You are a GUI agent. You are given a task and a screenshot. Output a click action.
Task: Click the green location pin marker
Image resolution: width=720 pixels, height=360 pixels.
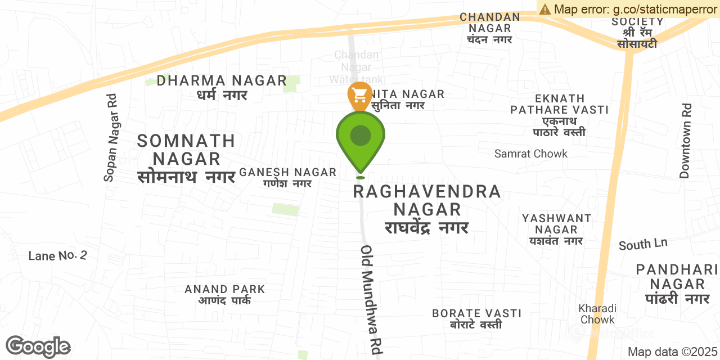[x=361, y=138]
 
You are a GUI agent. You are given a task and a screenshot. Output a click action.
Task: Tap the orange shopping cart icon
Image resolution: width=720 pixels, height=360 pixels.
[x=359, y=94]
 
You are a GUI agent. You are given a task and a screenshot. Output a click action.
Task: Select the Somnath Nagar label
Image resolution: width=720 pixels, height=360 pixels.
[x=186, y=158]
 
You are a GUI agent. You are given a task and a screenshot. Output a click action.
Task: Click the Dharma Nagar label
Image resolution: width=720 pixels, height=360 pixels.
[x=222, y=88]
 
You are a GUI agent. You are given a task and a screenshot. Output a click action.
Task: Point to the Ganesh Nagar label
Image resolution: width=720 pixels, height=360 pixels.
[x=287, y=177]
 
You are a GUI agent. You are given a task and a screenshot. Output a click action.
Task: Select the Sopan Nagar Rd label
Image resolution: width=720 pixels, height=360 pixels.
[x=111, y=138]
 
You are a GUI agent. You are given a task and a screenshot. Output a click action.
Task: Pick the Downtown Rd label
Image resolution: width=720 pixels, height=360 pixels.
[x=685, y=141]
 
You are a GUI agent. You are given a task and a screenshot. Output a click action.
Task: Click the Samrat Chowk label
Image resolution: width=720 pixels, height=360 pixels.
[x=531, y=154]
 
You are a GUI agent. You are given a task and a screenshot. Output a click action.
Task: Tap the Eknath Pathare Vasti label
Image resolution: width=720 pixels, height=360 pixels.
[x=559, y=115]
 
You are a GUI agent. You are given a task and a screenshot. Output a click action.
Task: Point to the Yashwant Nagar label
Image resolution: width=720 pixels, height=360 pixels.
[x=556, y=229]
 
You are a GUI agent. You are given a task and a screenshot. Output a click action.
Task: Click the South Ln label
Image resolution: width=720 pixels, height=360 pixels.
[x=643, y=244]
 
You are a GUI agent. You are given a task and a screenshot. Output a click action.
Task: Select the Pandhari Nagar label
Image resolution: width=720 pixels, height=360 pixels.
[x=677, y=284]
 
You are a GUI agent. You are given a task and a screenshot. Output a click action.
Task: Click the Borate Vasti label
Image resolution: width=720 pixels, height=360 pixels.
[x=476, y=318]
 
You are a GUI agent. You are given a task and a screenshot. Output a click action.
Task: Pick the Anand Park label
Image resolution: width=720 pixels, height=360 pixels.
[x=224, y=294]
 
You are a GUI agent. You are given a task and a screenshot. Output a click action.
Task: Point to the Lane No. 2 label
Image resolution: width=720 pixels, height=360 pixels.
[x=58, y=256]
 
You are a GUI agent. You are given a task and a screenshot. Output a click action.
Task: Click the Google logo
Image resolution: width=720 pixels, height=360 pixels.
[x=38, y=346]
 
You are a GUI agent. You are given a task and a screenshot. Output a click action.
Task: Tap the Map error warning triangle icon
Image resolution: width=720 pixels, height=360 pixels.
[x=544, y=9]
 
